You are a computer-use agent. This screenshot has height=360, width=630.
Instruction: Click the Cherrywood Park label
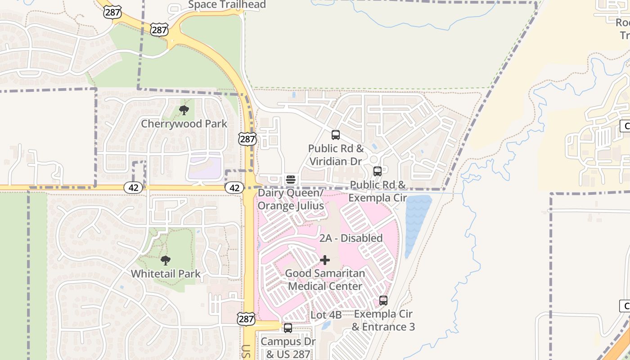(184, 124)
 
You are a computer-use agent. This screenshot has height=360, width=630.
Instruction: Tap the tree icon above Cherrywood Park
(184, 110)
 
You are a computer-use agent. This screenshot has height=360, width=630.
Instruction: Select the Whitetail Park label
(166, 274)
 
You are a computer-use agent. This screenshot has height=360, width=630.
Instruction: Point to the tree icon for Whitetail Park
(166, 260)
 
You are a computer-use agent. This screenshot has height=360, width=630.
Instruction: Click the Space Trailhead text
(227, 5)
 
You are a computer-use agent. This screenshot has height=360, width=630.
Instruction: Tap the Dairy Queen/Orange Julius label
(291, 199)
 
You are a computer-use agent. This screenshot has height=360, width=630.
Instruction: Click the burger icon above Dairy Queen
(291, 180)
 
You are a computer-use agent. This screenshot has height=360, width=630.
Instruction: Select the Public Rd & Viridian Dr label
(336, 155)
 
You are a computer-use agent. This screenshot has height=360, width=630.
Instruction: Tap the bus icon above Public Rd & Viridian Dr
(336, 135)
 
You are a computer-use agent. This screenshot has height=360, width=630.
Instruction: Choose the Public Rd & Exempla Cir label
(378, 191)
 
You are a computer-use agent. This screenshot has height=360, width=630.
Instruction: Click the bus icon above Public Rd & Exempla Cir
(378, 171)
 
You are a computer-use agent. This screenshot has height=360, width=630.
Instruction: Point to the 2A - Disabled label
(351, 238)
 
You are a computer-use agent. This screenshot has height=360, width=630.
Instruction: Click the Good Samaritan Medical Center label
(325, 279)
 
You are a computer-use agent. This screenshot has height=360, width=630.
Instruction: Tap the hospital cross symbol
(325, 260)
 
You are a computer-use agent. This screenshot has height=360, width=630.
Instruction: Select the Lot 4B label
(326, 315)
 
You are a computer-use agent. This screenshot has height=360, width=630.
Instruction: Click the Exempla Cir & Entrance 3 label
(383, 320)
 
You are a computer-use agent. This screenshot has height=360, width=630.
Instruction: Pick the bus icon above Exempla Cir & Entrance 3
(383, 300)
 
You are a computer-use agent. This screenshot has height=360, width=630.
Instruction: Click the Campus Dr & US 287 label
(288, 348)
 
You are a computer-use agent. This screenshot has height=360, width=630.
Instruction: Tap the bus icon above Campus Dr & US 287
(288, 328)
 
